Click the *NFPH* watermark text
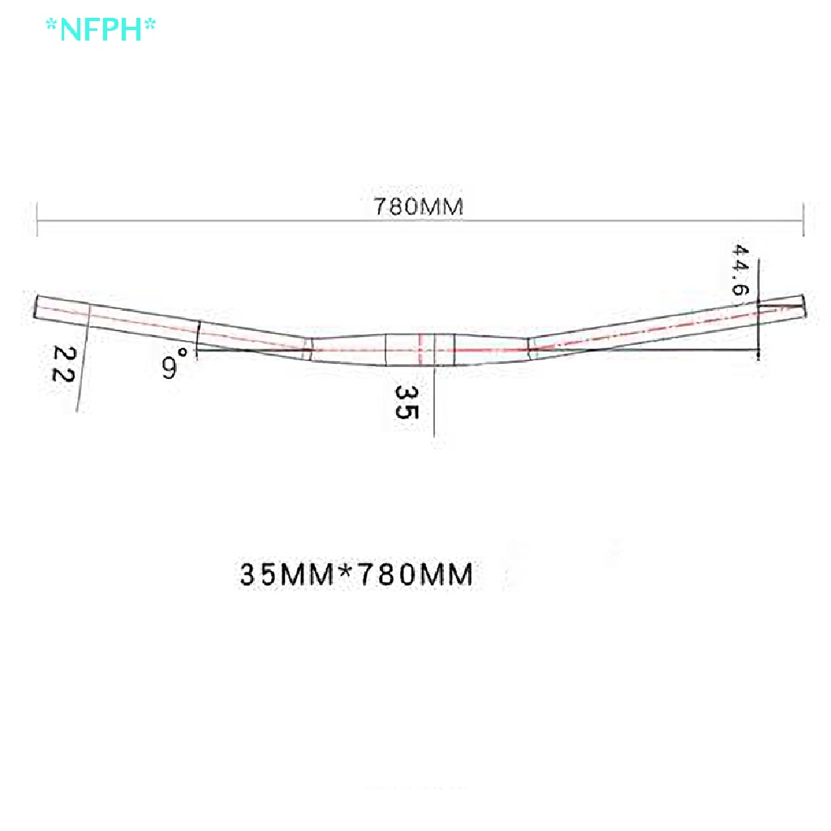pyautogui.click(x=101, y=29)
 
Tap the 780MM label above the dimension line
pyautogui.click(x=418, y=206)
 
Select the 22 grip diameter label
pyautogui.click(x=64, y=364)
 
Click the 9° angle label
pyautogui.click(x=174, y=363)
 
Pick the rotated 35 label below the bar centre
pyautogui.click(x=406, y=401)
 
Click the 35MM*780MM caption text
pyautogui.click(x=356, y=575)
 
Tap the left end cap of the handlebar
pyautogui.click(x=37, y=307)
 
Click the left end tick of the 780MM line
pyautogui.click(x=37, y=218)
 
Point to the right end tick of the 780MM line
pyautogui.click(x=803, y=218)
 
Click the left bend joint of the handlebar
pyautogui.click(x=308, y=347)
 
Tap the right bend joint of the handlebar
pyautogui.click(x=530, y=347)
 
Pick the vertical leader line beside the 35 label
pyautogui.click(x=434, y=398)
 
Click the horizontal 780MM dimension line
pyautogui.click(x=243, y=219)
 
